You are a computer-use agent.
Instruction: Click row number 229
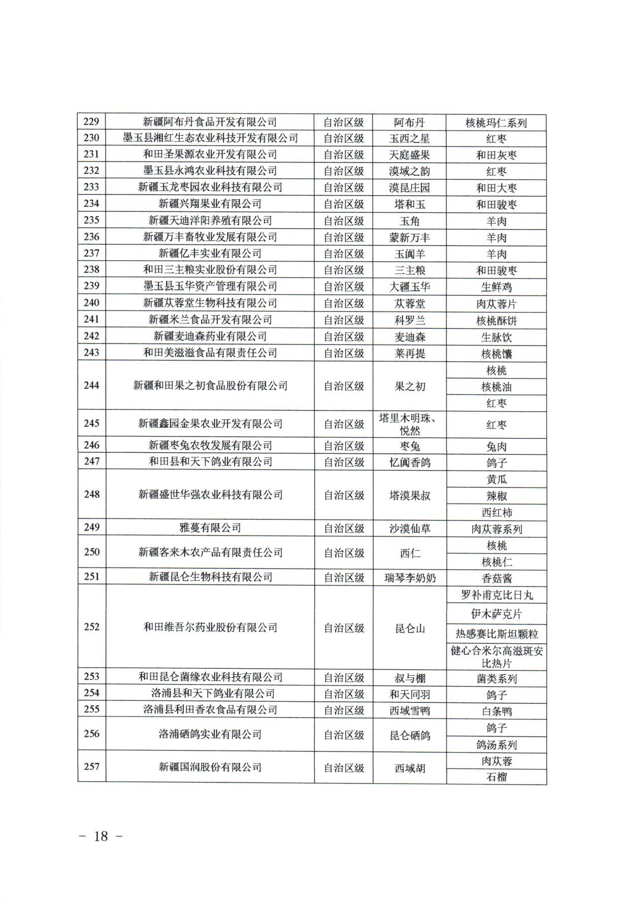pos(91,122)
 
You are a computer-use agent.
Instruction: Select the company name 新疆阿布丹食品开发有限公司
pos(210,122)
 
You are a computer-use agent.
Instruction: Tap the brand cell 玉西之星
pos(409,139)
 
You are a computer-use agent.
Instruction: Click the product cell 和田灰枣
pos(496,155)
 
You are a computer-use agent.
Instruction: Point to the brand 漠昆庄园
pos(409,188)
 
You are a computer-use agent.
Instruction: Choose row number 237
pos(91,253)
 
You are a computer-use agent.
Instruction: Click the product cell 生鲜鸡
pos(496,287)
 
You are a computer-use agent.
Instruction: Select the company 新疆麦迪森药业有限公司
pos(210,336)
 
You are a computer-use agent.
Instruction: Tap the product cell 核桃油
pos(496,387)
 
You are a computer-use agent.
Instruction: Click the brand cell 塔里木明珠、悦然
pos(409,424)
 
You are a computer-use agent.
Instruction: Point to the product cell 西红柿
pos(496,512)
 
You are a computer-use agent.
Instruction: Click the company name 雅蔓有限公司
pos(210,528)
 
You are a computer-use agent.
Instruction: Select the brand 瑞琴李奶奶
pos(409,578)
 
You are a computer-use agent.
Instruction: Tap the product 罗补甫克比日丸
pos(496,595)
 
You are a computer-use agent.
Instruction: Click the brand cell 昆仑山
pos(409,629)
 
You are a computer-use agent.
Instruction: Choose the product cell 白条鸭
pos(496,711)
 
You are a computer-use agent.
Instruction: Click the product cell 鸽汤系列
pos(496,745)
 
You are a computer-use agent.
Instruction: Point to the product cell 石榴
pos(496,777)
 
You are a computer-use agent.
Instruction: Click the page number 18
pos(101,836)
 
